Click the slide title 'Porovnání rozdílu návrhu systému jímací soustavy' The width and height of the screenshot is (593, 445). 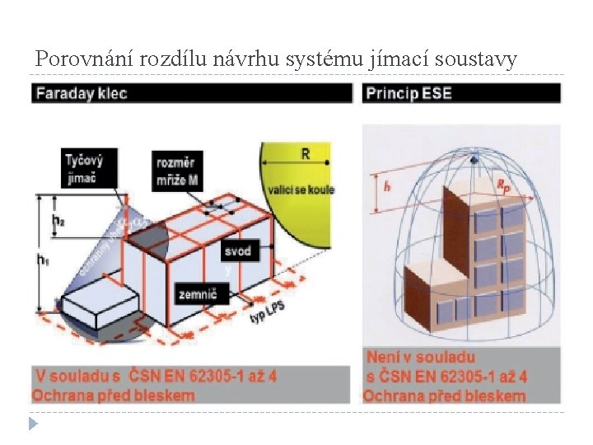[276, 59]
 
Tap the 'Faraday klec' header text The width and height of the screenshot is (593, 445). [82, 93]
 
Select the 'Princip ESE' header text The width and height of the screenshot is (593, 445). [409, 93]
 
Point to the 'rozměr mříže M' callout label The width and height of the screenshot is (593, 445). [176, 169]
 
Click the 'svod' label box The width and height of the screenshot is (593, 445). [237, 250]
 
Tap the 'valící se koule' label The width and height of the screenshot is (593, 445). [300, 190]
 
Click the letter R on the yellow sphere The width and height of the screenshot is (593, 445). [306, 154]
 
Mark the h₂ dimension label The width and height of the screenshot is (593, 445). [58, 220]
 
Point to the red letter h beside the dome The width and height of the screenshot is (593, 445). [387, 186]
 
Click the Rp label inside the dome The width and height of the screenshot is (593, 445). [502, 186]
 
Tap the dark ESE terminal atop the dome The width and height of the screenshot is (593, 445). [474, 157]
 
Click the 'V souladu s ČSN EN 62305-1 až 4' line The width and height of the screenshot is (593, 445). [156, 376]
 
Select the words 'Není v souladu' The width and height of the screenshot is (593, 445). [421, 358]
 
